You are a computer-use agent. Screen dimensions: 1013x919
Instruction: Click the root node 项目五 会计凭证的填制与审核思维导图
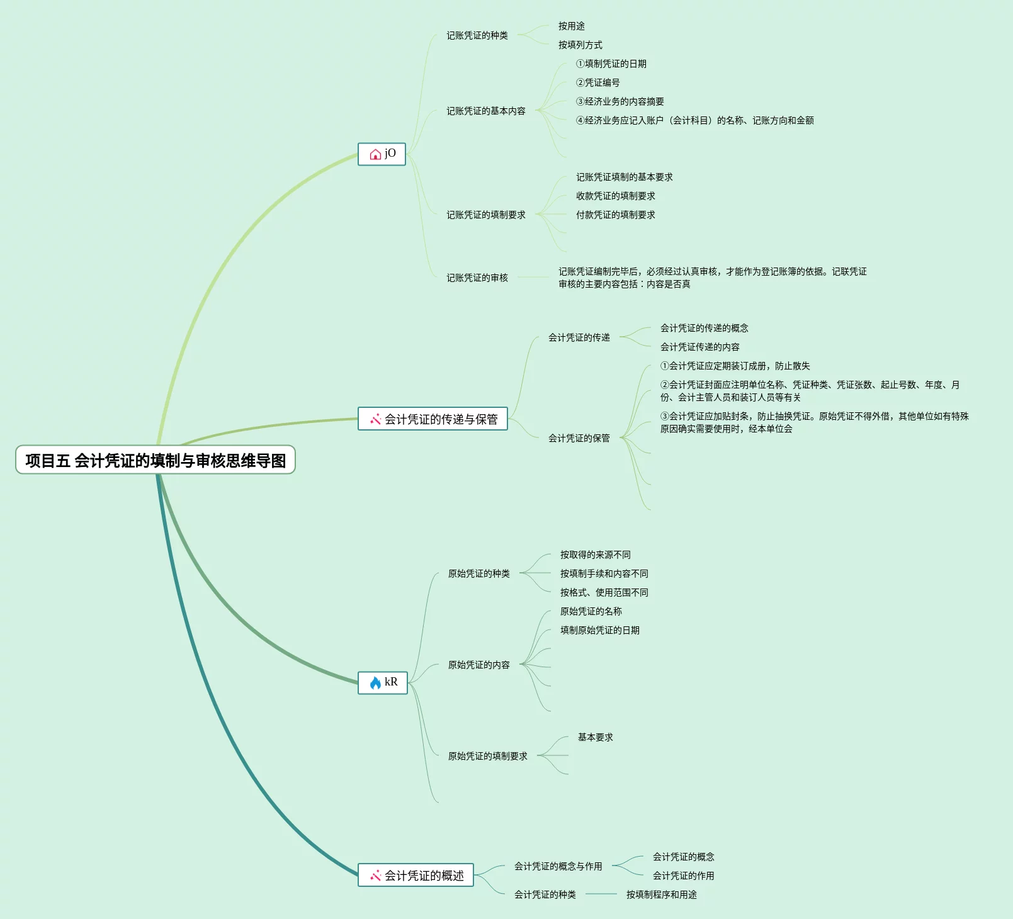(156, 460)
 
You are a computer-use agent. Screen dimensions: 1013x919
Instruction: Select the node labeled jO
(382, 154)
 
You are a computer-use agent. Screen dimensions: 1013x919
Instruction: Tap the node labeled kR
(383, 682)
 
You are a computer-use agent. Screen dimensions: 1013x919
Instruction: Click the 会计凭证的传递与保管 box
(433, 419)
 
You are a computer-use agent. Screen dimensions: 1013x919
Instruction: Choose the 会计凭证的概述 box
(416, 876)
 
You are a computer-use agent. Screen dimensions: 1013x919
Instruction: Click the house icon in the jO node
(375, 154)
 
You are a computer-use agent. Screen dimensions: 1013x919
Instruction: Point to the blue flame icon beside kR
(375, 682)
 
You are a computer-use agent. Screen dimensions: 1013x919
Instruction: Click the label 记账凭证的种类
(477, 36)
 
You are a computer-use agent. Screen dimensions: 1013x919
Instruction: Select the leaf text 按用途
(572, 26)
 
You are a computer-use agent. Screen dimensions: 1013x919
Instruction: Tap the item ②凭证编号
(598, 83)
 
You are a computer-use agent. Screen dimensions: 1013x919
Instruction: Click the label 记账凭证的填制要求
(486, 215)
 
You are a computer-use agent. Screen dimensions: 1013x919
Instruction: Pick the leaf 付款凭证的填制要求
(616, 215)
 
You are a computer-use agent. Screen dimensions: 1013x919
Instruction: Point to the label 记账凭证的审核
(477, 278)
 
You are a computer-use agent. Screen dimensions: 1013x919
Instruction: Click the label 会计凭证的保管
(579, 439)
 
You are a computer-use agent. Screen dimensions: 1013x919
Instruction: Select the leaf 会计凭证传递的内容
(700, 347)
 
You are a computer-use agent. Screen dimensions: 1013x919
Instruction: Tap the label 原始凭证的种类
(479, 574)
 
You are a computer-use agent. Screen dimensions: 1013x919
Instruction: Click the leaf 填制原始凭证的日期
(600, 631)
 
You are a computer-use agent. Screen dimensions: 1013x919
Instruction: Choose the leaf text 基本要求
(596, 738)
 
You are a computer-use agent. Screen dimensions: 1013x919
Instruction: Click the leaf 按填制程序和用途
(662, 895)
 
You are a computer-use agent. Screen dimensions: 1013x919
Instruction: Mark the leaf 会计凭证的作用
(684, 876)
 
